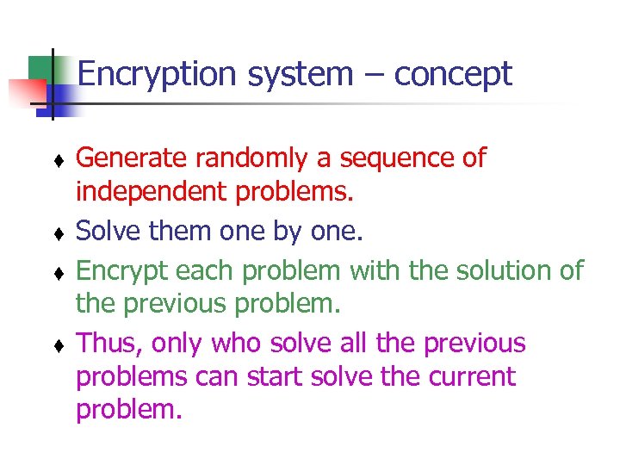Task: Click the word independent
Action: tap(152, 192)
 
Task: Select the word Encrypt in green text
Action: tap(121, 271)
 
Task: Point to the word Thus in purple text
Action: tap(108, 344)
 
